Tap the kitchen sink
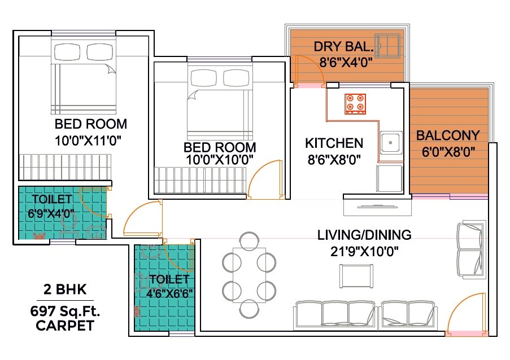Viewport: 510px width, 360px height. coord(390,143)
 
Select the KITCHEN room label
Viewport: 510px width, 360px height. coord(334,143)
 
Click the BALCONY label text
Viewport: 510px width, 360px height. coord(448,136)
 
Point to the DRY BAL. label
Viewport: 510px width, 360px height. coord(343,46)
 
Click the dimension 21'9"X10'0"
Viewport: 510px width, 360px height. coord(364,251)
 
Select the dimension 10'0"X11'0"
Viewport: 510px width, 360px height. coord(89,139)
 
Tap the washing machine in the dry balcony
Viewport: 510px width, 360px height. coord(388,44)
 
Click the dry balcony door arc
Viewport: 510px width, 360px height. coord(305,68)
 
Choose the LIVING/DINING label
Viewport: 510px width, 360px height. coord(364,235)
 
